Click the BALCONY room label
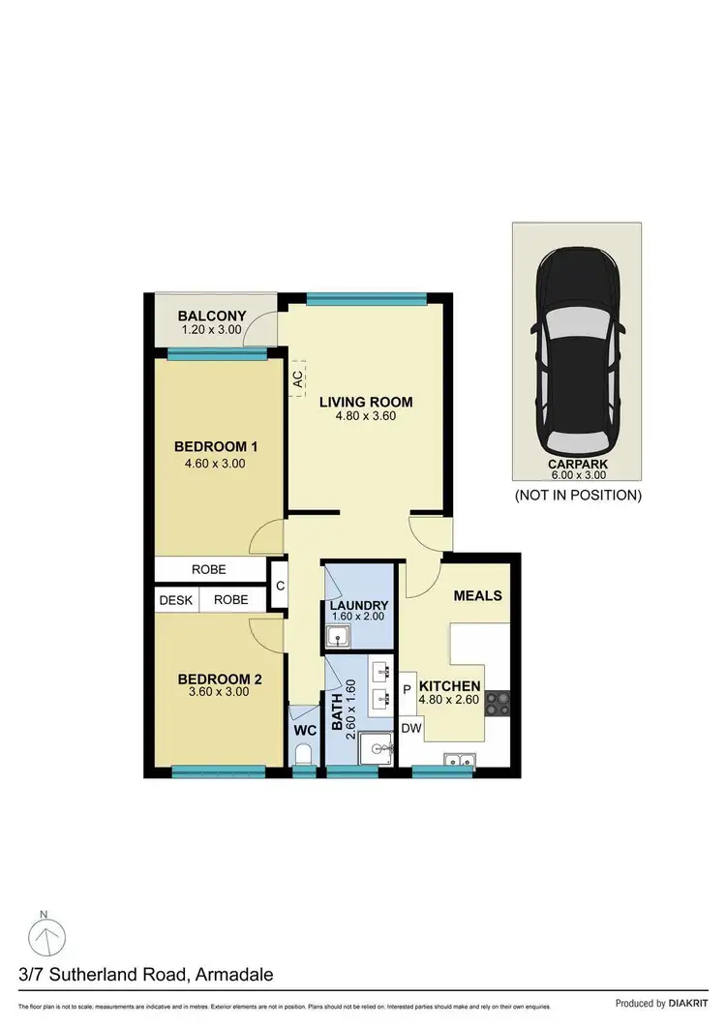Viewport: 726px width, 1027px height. tap(212, 317)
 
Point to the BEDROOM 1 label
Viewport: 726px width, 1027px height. tap(215, 446)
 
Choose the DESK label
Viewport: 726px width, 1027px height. tap(176, 600)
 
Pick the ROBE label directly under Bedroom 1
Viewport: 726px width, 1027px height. tap(209, 570)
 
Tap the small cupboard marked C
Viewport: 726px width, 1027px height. tap(280, 586)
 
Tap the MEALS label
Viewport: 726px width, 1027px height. tap(477, 595)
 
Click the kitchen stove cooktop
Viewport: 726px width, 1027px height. tap(499, 702)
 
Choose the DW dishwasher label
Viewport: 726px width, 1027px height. tap(410, 728)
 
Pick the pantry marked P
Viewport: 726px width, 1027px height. tap(407, 690)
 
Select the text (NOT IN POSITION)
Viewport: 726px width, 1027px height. tap(579, 495)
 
